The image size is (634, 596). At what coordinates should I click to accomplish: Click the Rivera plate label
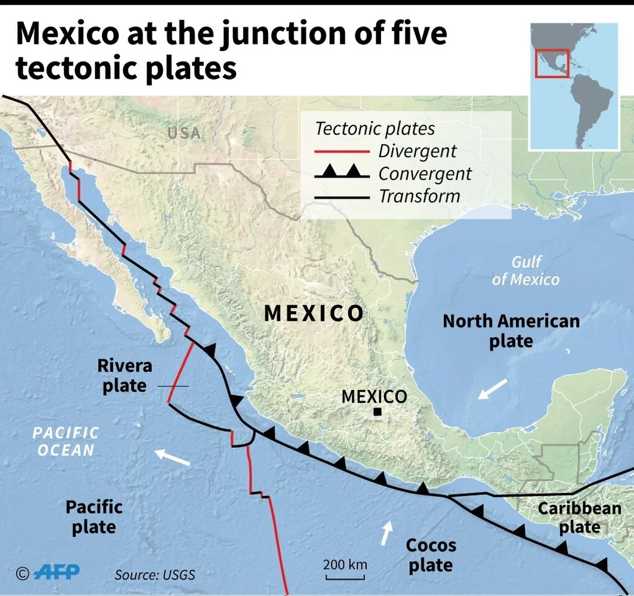point(124,375)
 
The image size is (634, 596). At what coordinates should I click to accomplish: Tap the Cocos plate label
point(431,555)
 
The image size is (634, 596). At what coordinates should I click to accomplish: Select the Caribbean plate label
point(580,517)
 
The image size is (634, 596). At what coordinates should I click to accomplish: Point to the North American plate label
point(511,331)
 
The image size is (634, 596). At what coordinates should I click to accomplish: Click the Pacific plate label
point(94,517)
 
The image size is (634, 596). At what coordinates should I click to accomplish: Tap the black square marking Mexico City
point(377,412)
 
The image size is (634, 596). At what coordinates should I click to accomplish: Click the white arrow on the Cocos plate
point(387,534)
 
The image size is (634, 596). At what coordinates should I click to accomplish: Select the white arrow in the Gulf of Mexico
point(492,389)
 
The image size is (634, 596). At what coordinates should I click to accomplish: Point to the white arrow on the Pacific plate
point(172,457)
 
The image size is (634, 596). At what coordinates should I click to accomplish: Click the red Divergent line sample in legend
point(342,152)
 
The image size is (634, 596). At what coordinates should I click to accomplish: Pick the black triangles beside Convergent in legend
point(342,171)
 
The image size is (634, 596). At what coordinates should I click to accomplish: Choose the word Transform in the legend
point(419,196)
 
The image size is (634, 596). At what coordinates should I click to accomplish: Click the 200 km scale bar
point(345,577)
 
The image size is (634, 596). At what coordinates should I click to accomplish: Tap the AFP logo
point(57,572)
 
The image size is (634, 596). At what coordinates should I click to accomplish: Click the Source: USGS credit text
point(155,575)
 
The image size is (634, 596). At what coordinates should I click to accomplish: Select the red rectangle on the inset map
point(552,63)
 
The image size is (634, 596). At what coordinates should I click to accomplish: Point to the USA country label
point(184,133)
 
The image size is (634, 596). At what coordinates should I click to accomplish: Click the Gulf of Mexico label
point(526,271)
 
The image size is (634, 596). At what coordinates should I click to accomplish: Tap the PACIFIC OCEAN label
point(66,441)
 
